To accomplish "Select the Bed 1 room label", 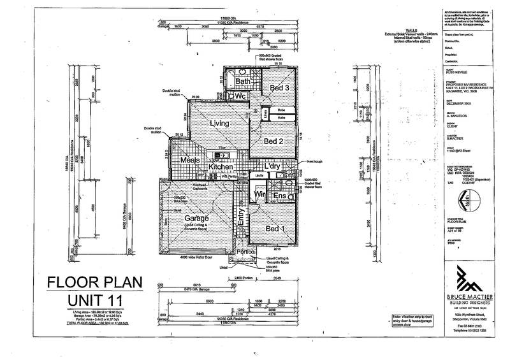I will pos(271,229).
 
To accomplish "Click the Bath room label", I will pos(243,82).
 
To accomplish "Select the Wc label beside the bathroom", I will pos(240,96).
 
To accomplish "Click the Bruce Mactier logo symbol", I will pos(468,278).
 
